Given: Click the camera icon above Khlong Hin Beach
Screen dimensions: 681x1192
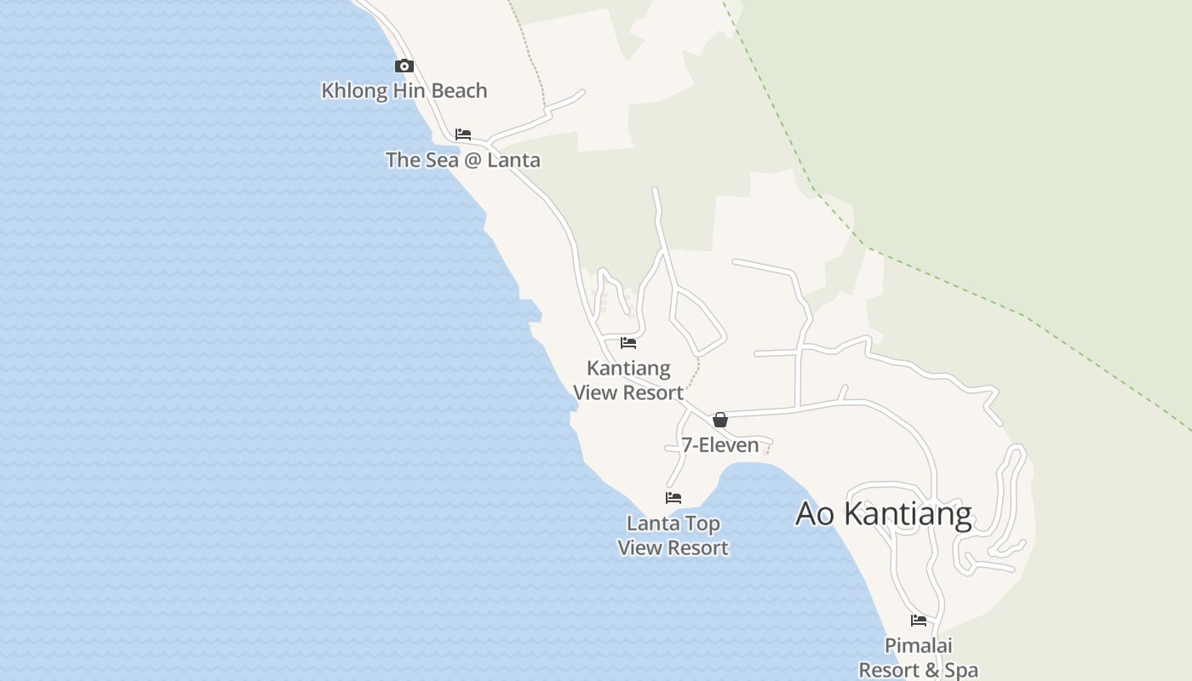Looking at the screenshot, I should click(x=404, y=66).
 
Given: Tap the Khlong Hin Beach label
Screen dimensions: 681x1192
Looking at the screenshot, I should click(x=404, y=90).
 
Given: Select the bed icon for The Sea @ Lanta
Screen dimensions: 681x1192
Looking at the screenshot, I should click(x=463, y=134).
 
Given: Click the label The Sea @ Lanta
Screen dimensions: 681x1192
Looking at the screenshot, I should click(x=462, y=159).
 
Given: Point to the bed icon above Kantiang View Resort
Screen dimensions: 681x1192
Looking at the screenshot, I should click(x=628, y=343).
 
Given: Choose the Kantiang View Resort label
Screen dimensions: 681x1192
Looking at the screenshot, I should click(x=628, y=381).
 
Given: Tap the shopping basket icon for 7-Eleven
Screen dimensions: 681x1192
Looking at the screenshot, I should click(x=720, y=419).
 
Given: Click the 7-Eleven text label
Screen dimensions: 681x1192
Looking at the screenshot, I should click(x=719, y=444).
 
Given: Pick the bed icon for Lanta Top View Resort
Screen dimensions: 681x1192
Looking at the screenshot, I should click(x=673, y=498).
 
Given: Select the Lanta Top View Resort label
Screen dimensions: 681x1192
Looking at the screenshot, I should click(x=673, y=535).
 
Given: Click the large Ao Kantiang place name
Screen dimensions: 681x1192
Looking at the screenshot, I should click(x=884, y=514).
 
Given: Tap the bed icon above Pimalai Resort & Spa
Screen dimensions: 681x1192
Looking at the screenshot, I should click(x=919, y=621).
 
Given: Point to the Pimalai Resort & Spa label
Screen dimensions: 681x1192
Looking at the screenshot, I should click(x=918, y=658).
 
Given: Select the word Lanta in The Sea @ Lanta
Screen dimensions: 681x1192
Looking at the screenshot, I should click(x=513, y=159).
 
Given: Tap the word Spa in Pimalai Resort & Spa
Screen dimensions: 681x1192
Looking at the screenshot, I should click(x=961, y=671).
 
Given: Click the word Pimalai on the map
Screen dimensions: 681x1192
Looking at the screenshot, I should click(x=918, y=646).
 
